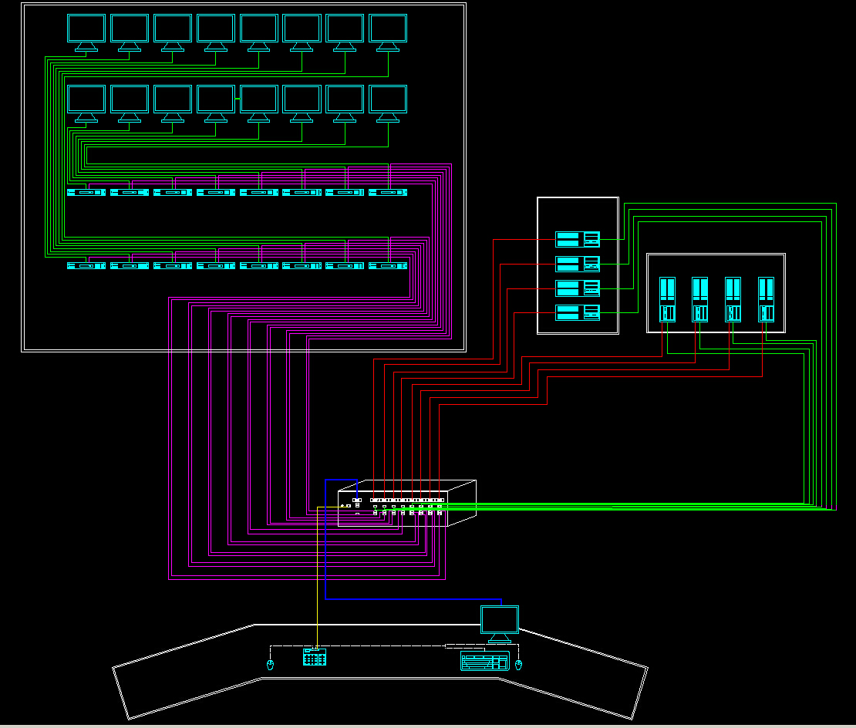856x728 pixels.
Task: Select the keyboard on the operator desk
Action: point(484,662)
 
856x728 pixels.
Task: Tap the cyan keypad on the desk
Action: point(315,657)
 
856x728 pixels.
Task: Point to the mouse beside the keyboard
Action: point(518,665)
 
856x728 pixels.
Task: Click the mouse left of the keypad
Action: point(270,665)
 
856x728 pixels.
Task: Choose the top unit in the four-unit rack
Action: point(578,239)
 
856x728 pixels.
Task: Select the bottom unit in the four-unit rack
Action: point(578,312)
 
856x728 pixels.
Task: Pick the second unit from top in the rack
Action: point(578,264)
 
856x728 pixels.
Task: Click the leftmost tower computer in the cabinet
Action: point(667,299)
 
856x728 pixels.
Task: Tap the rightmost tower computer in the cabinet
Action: point(766,299)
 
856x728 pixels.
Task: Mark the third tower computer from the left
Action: point(733,299)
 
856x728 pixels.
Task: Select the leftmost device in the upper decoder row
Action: point(86,192)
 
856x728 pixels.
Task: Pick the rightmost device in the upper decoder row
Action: point(388,192)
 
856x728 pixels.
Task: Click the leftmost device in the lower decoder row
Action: point(86,266)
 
